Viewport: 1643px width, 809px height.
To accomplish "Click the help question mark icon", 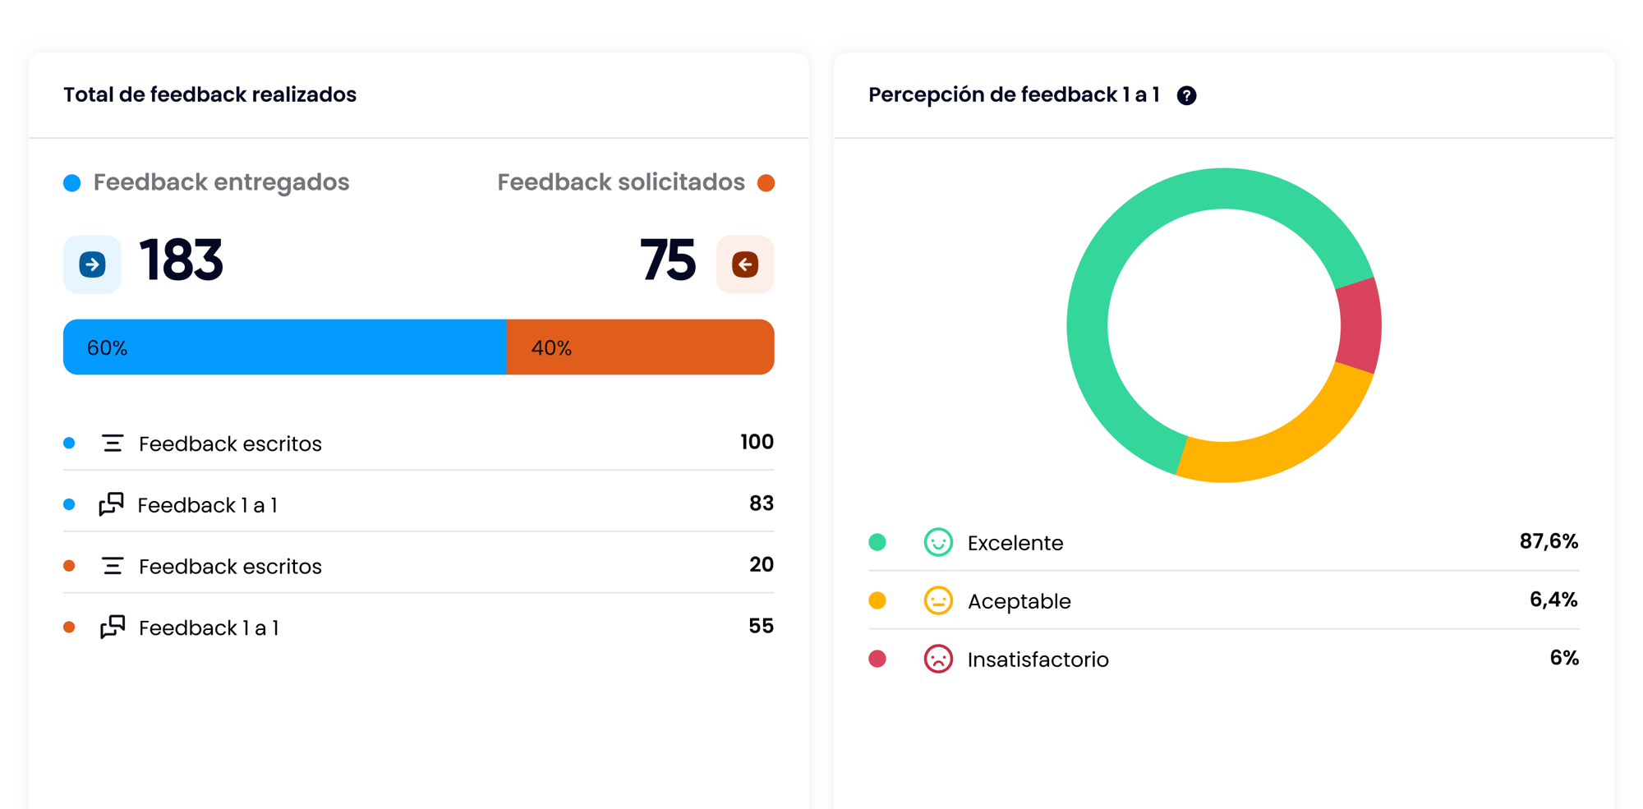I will [1186, 96].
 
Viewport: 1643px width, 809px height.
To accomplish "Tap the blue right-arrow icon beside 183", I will [92, 264].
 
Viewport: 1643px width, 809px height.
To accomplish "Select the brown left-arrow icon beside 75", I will [745, 264].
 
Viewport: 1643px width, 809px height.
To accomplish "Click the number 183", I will [181, 260].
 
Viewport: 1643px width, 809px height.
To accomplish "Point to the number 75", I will [667, 260].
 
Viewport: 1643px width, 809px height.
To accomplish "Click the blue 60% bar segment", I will [284, 347].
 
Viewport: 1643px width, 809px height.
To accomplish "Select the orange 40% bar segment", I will [640, 347].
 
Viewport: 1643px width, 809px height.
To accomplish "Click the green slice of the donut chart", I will [1117, 271].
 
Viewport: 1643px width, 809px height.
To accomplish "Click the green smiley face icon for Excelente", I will [938, 542].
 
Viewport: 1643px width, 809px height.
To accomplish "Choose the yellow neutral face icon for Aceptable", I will [938, 600].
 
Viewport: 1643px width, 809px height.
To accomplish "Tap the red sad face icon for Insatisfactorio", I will [938, 659].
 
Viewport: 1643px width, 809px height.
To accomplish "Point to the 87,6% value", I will [1549, 541].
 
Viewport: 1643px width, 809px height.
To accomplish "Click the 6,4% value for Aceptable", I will [1553, 600].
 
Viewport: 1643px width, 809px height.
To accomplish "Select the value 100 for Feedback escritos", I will [757, 442].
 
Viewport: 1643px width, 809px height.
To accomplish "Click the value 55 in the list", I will [761, 626].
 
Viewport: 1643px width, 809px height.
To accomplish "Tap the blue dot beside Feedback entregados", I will [72, 182].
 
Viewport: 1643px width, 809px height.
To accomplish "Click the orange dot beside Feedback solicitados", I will [766, 182].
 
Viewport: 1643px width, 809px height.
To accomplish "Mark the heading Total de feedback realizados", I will [209, 94].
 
